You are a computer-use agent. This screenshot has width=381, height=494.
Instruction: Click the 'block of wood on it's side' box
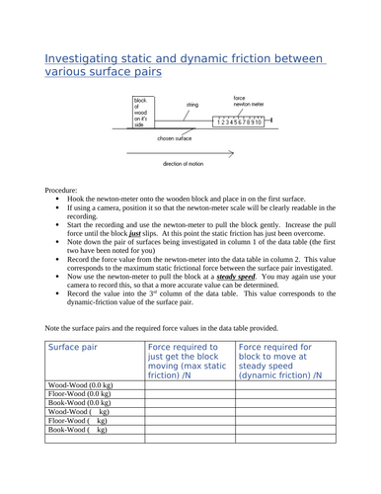[144, 113]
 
